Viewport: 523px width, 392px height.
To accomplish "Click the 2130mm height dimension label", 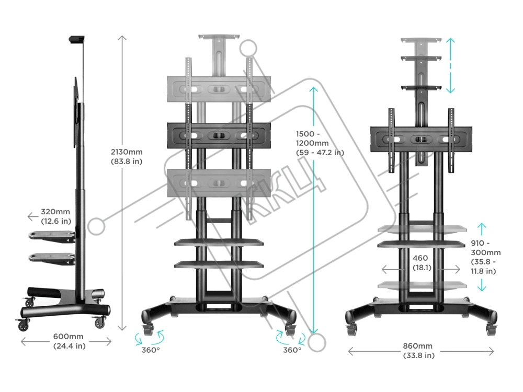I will [x=127, y=156].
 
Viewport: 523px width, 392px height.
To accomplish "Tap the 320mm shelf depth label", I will [x=56, y=217].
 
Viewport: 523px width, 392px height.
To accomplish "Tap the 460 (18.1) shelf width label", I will [x=420, y=263].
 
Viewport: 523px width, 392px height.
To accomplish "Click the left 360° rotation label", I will [x=150, y=350].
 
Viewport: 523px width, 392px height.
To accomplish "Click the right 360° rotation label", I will [x=292, y=350].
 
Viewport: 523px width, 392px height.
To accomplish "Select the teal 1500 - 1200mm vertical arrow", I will [x=313, y=209].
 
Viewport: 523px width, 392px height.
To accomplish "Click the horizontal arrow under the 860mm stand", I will [x=421, y=351].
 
